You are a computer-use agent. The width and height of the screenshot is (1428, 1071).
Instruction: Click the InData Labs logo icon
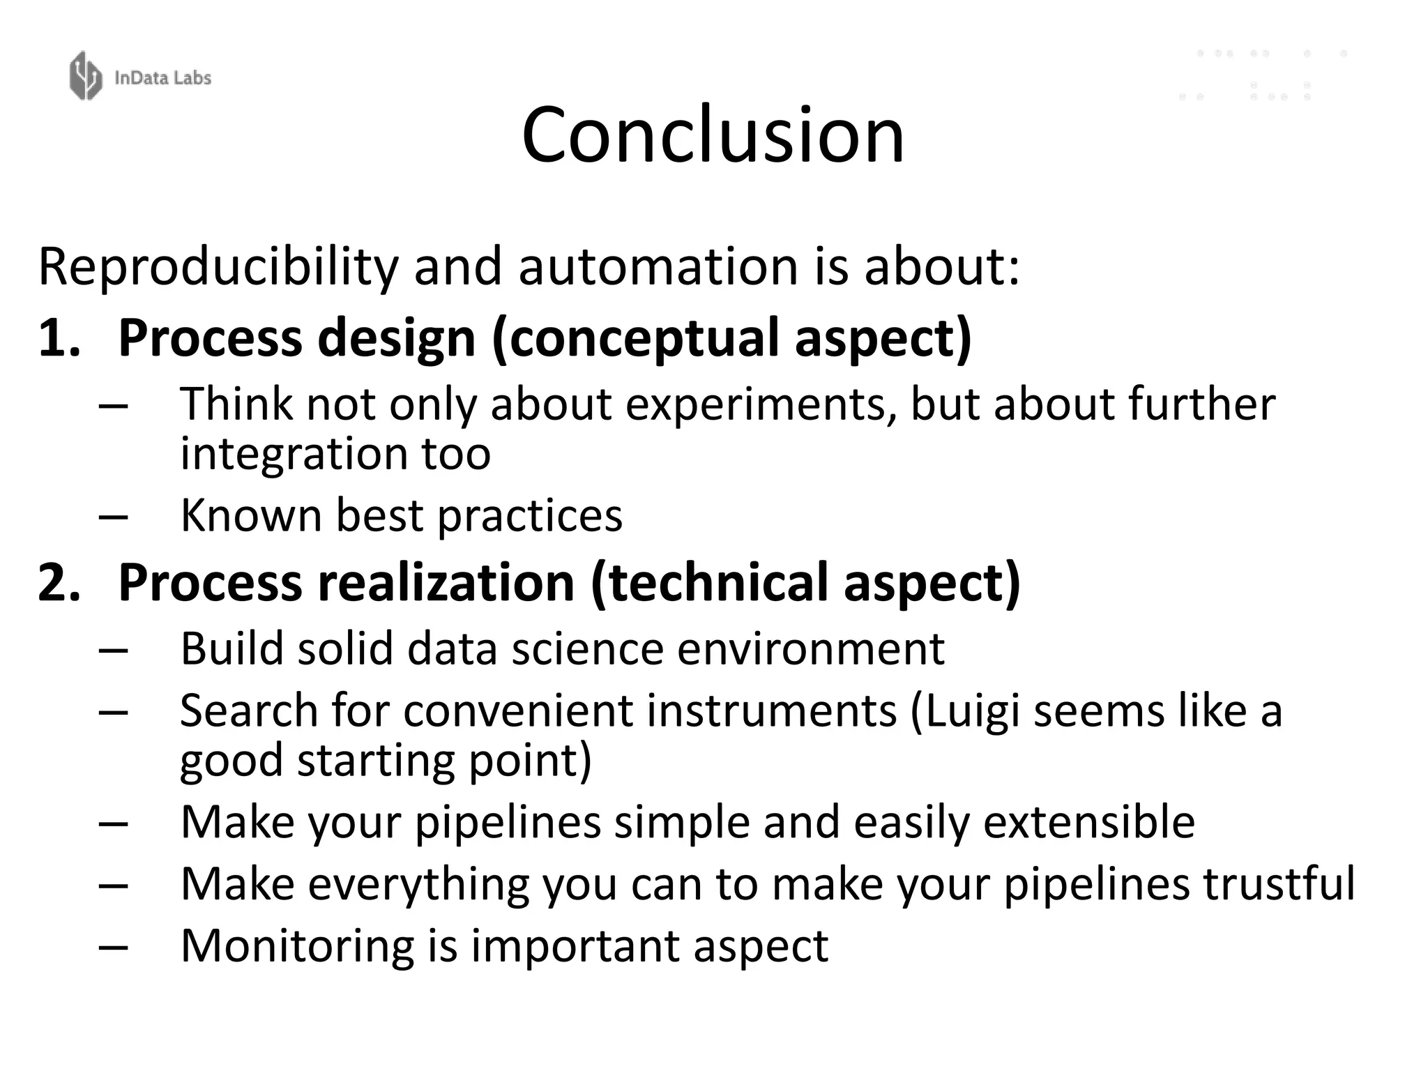(x=86, y=76)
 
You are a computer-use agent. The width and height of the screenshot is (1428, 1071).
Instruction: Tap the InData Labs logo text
(x=162, y=77)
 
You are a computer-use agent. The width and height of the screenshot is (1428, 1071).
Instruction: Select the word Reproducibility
(x=218, y=266)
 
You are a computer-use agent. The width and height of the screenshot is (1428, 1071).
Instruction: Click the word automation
(x=658, y=266)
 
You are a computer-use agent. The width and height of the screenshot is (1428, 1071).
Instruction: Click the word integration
(x=294, y=453)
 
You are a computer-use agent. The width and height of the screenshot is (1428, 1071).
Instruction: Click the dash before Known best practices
(x=114, y=517)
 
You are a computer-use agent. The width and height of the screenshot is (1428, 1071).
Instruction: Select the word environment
(x=810, y=648)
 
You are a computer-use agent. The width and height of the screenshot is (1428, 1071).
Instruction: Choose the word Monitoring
(x=296, y=946)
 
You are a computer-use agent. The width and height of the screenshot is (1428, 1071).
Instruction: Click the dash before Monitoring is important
(x=114, y=947)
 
